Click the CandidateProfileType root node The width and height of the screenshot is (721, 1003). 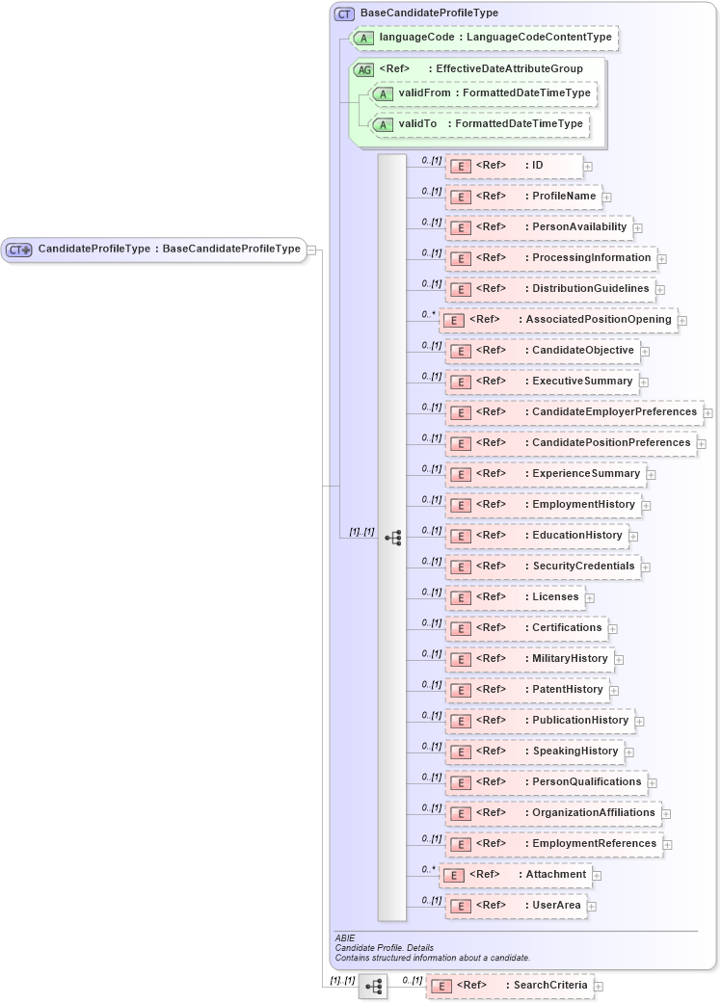point(154,249)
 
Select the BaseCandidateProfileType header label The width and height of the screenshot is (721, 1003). point(429,13)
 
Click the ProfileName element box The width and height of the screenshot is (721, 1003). point(522,197)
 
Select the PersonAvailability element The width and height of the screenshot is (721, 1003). point(538,227)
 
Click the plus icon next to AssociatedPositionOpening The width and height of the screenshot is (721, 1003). point(682,320)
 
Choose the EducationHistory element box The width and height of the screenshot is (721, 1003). point(536,536)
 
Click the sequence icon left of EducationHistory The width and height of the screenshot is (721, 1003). point(392,538)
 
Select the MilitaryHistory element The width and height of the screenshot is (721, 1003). point(528,659)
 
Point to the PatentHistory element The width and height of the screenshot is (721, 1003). point(526,690)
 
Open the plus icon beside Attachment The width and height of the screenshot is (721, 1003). point(597,876)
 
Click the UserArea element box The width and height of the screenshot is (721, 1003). point(515,906)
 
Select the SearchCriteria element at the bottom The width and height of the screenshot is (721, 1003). point(510,986)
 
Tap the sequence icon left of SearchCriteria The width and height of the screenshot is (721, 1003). point(373,987)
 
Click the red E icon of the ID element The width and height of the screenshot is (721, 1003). point(462,167)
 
